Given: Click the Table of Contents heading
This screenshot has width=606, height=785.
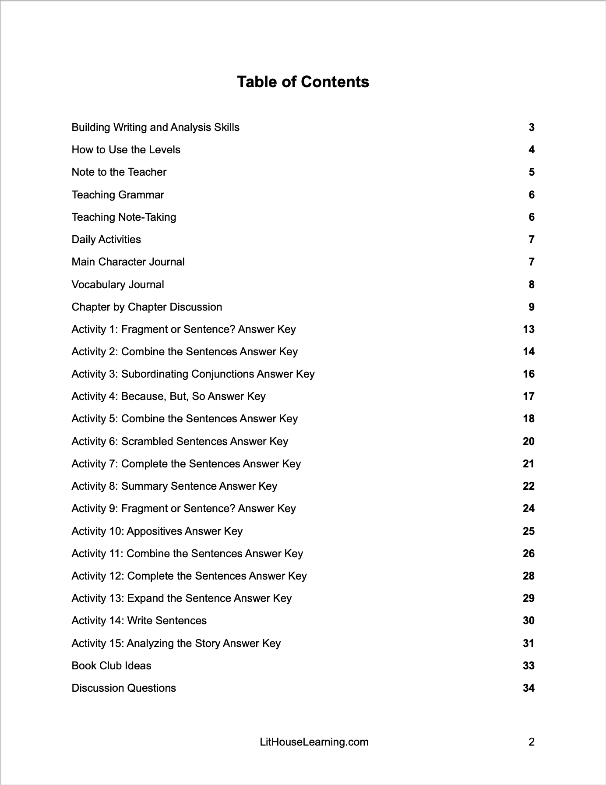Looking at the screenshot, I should (x=303, y=82).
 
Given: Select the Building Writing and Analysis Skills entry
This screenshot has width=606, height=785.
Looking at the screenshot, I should (x=155, y=127).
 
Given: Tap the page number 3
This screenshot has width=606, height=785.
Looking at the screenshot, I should (x=531, y=127).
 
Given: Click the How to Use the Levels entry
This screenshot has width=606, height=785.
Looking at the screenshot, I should (x=126, y=150).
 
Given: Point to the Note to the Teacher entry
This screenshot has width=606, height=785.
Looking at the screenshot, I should (x=119, y=172).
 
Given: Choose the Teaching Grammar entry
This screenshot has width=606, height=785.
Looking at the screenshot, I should (x=118, y=195).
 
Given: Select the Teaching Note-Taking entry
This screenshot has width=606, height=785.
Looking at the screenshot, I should (x=124, y=217).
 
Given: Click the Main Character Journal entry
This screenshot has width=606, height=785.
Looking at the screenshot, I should (x=128, y=262).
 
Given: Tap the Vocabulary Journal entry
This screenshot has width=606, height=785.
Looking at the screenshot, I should (x=118, y=285).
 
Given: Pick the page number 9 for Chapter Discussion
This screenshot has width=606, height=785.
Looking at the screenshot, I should (x=531, y=307).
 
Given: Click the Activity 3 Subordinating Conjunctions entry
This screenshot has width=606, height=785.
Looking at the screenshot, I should (x=193, y=374).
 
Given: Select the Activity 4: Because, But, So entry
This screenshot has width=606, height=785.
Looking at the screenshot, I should (x=169, y=396).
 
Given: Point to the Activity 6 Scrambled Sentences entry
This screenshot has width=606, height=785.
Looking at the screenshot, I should (x=180, y=442).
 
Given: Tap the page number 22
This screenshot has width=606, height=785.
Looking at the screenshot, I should (x=528, y=486).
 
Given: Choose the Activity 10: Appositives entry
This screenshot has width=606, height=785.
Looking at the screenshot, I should (x=157, y=531).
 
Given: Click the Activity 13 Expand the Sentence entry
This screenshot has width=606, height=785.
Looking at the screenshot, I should (x=181, y=598).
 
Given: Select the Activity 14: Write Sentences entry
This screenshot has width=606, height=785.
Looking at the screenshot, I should (x=139, y=621).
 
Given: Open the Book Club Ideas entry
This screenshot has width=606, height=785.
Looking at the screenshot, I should (x=111, y=666).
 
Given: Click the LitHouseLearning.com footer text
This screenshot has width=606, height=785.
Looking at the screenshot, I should (x=314, y=742).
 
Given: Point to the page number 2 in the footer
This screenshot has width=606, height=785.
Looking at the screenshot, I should (x=531, y=742).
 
